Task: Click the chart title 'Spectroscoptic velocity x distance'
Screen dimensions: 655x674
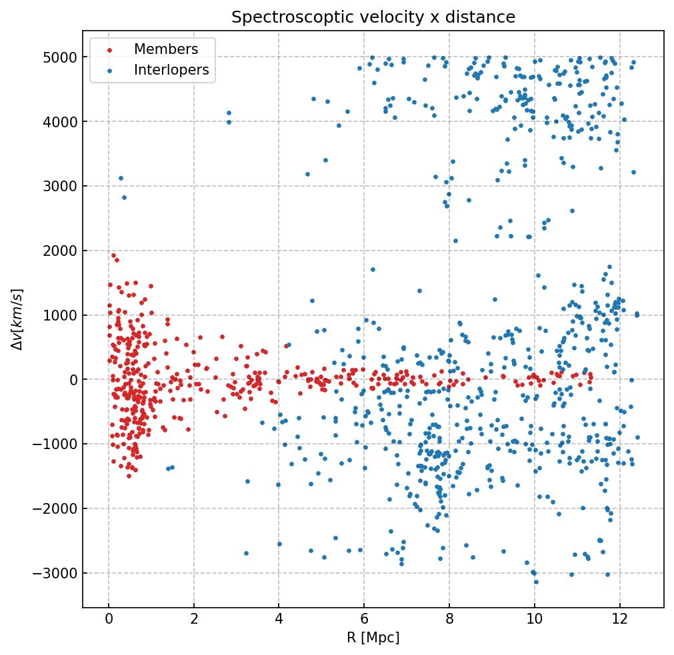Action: (x=373, y=17)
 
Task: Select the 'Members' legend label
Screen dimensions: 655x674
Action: (x=166, y=49)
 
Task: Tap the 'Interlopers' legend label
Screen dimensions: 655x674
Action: (x=171, y=70)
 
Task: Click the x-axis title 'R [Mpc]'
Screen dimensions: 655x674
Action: (x=373, y=638)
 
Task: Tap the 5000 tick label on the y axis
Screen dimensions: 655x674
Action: (x=61, y=57)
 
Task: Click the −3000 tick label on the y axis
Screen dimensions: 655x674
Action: (x=57, y=574)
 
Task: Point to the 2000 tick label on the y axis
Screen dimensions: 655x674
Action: (x=61, y=251)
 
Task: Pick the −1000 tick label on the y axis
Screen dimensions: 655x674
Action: (x=57, y=444)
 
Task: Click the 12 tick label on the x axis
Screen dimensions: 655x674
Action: (x=620, y=618)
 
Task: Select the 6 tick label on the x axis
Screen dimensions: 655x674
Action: (x=364, y=618)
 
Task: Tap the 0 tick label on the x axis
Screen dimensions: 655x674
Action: (x=109, y=618)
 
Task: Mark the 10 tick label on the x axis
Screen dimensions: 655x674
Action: (x=535, y=618)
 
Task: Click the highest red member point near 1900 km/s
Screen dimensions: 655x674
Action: (x=113, y=255)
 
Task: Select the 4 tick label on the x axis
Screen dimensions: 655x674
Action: (x=279, y=618)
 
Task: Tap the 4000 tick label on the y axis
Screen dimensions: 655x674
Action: (x=61, y=122)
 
